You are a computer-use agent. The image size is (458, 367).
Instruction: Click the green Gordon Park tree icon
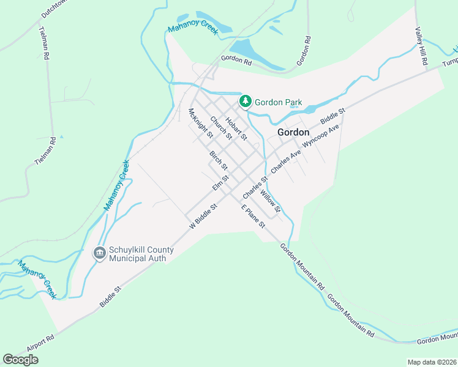point(246,101)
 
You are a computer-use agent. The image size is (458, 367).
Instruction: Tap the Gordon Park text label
point(279,102)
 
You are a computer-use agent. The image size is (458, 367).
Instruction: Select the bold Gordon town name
point(293,132)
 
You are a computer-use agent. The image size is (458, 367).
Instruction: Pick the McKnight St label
point(201,122)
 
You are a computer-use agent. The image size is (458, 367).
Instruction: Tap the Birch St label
point(219,161)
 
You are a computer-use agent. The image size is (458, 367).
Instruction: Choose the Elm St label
point(220,182)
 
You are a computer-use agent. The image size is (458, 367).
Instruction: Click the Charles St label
point(255,187)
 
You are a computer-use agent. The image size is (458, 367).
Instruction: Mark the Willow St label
point(270,201)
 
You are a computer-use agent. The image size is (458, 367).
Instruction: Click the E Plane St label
point(253,217)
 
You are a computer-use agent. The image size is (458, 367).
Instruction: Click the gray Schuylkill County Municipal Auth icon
point(99,253)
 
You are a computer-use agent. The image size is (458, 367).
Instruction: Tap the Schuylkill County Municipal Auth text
point(141,254)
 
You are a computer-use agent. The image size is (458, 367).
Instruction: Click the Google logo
point(20,360)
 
